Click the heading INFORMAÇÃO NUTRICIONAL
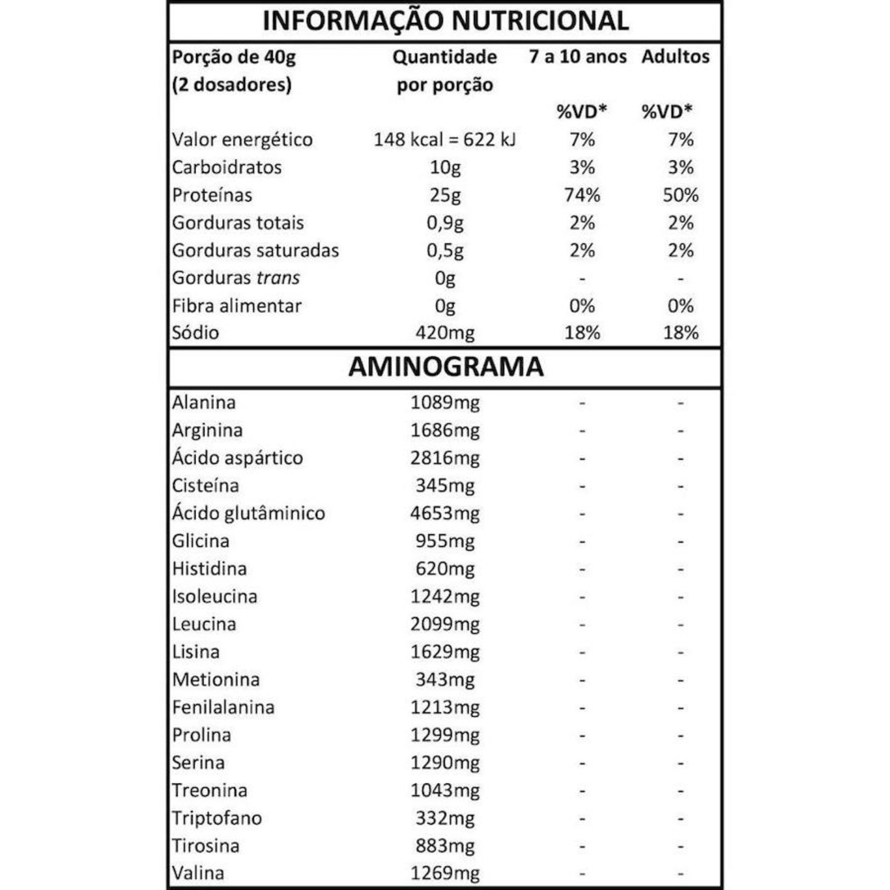pyautogui.click(x=445, y=21)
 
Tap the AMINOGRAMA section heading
pyautogui.click(x=446, y=367)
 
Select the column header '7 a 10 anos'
pyautogui.click(x=577, y=57)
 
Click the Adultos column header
pyautogui.click(x=675, y=57)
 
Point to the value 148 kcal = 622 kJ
pyautogui.click(x=444, y=139)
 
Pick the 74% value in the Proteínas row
pyautogui.click(x=582, y=195)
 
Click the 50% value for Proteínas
pyautogui.click(x=680, y=195)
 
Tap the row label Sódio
pyautogui.click(x=195, y=333)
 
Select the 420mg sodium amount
pyautogui.click(x=445, y=333)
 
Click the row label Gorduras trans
pyautogui.click(x=236, y=278)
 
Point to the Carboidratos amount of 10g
pyautogui.click(x=445, y=167)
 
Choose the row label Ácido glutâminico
pyautogui.click(x=248, y=513)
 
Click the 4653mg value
pyautogui.click(x=445, y=513)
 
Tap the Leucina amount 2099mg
pyautogui.click(x=445, y=624)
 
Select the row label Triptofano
pyautogui.click(x=217, y=818)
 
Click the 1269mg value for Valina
pyautogui.click(x=445, y=874)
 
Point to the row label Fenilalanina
pyautogui.click(x=223, y=708)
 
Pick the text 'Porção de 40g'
pyautogui.click(x=234, y=57)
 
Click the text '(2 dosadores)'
pyautogui.click(x=232, y=85)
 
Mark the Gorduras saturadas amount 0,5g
pyautogui.click(x=445, y=251)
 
